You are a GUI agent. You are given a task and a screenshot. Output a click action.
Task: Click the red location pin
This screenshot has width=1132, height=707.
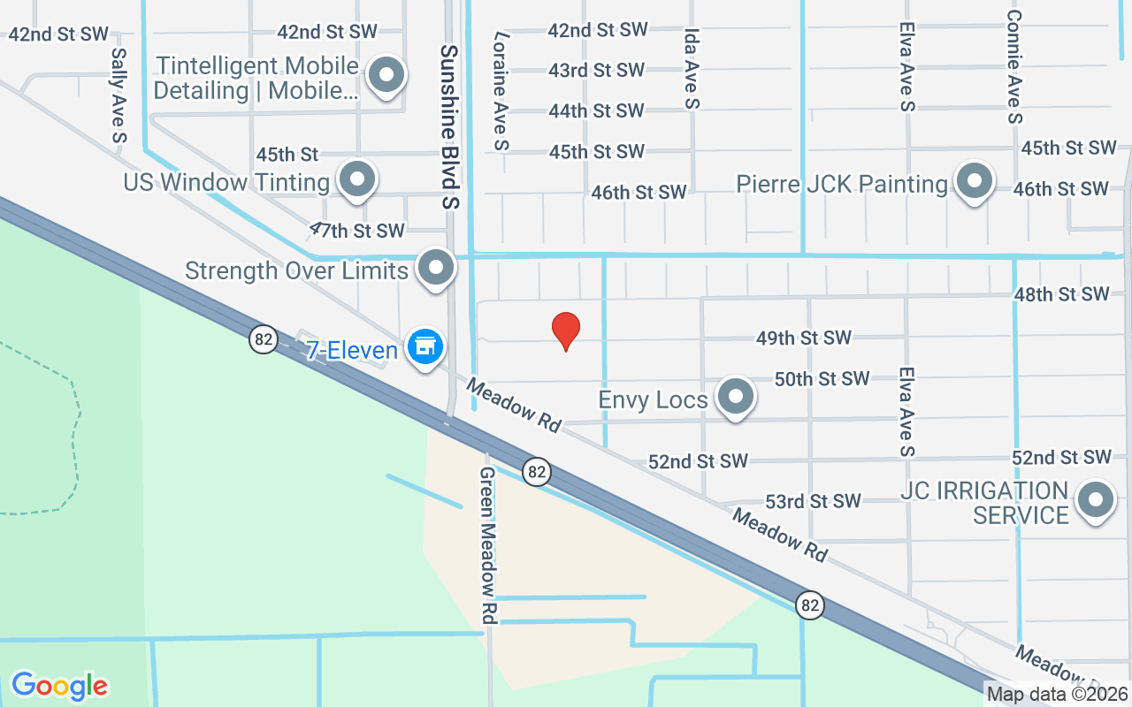pos(566,331)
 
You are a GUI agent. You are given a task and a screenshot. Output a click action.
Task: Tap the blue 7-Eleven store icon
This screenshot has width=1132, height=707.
pos(425,346)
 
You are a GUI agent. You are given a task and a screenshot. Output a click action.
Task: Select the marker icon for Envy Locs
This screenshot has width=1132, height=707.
pos(735,397)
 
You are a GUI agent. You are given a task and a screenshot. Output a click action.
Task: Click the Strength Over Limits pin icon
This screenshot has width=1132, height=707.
pos(435,268)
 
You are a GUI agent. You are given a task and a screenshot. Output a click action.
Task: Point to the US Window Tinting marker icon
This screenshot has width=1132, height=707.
pos(357,179)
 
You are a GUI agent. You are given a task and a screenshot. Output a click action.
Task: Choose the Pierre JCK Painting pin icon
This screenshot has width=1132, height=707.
pos(974,181)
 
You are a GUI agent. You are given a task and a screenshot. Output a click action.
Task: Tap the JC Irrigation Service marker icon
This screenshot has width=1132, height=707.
pos(1096,500)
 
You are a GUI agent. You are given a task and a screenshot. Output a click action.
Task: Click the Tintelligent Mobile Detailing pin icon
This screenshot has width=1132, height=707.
pos(386,75)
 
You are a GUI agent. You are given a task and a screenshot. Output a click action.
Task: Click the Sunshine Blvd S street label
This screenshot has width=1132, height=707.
pos(451,126)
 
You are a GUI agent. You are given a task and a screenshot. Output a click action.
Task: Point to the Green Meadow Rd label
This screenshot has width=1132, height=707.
pos(488,545)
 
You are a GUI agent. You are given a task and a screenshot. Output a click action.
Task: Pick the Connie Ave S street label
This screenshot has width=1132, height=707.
pos(1014,67)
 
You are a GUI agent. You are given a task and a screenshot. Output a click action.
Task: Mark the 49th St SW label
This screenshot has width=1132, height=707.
pos(803,338)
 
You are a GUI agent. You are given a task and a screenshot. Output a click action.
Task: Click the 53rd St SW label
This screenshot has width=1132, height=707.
pos(813,501)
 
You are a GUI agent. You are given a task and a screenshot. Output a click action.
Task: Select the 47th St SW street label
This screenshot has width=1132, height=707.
pos(356,231)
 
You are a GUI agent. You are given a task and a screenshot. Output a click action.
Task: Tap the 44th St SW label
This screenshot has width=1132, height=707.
pos(596,110)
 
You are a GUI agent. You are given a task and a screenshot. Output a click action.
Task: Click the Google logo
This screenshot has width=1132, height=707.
pos(60,686)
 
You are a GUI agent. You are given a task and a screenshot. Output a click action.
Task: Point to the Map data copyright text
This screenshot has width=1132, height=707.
pos(1058,694)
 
